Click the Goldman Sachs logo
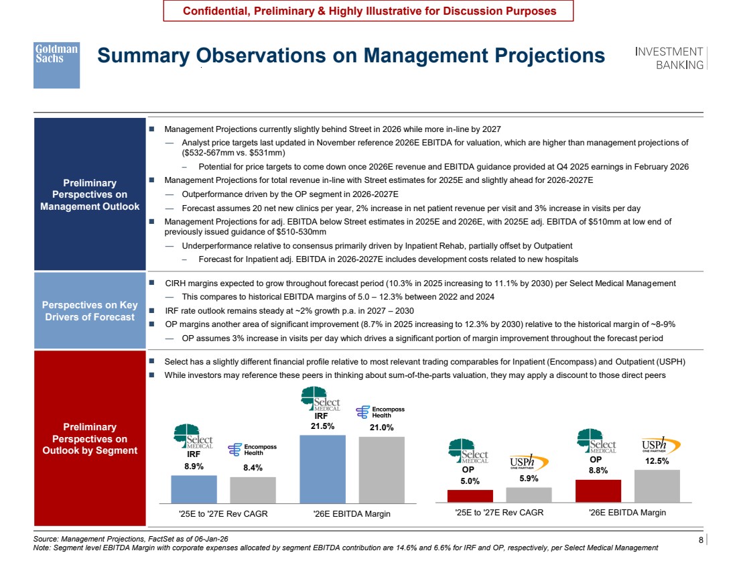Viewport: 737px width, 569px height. [56, 65]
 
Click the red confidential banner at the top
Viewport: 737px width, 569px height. [368, 11]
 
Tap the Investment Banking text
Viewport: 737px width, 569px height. [669, 58]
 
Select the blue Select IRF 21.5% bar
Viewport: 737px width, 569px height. [322, 469]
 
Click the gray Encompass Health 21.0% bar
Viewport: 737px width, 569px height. [382, 470]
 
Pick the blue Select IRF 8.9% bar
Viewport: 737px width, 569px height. [194, 489]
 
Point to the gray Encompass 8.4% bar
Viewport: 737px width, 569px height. [253, 491]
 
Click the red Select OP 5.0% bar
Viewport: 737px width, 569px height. [470, 496]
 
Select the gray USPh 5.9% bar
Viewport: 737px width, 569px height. [529, 495]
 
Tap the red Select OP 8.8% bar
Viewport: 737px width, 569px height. [598, 491]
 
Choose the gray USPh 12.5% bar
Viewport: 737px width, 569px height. [657, 487]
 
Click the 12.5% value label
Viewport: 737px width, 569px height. [657, 461]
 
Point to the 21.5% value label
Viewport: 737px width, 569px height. [322, 426]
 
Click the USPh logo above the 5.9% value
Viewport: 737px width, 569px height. [529, 462]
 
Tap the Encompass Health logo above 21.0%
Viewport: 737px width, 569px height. [381, 412]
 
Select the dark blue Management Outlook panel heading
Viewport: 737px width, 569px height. [90, 194]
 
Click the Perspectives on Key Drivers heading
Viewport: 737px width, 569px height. [90, 311]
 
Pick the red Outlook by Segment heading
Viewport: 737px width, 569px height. [90, 438]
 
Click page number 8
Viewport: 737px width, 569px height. [701, 540]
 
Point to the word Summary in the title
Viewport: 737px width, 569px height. [143, 56]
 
